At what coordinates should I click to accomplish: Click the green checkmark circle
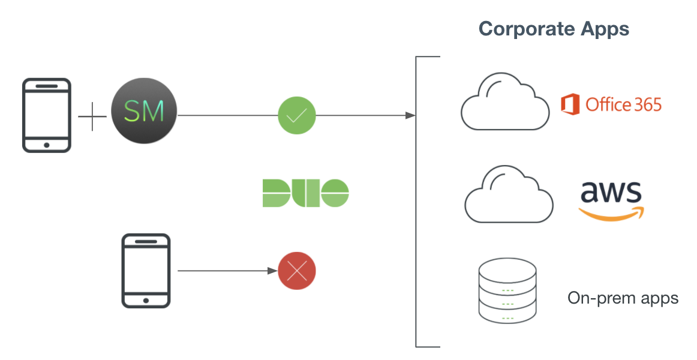pos(297,116)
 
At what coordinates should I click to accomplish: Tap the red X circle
pos(297,271)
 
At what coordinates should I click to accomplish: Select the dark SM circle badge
pos(144,110)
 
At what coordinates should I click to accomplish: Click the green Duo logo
pos(306,193)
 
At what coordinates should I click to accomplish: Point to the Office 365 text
pos(624,104)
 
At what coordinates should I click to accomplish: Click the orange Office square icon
pos(570,104)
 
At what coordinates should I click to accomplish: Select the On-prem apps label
pos(623,298)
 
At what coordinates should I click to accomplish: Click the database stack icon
pos(507,291)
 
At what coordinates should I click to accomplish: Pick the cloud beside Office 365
pos(504,101)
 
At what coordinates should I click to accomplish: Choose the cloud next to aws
pos(509,194)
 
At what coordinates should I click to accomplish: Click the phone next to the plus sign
pos(47,116)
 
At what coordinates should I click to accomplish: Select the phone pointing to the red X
pos(146,271)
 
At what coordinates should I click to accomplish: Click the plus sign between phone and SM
pos(92,116)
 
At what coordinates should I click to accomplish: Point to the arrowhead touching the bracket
pos(410,116)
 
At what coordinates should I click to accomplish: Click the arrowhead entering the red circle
pos(272,271)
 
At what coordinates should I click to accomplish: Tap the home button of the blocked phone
pos(146,301)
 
